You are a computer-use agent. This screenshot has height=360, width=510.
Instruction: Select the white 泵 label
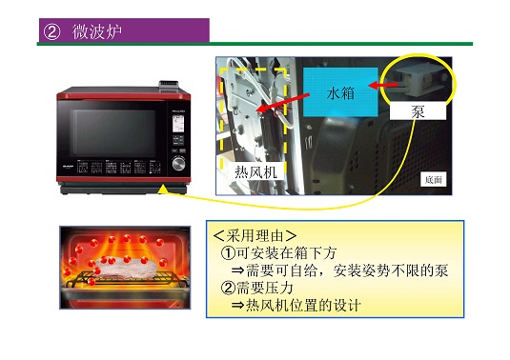(417, 111)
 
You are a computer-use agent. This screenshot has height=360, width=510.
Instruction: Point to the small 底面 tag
(434, 179)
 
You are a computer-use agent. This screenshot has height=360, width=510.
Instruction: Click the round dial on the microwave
(178, 164)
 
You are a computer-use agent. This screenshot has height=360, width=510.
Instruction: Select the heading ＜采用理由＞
(255, 235)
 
